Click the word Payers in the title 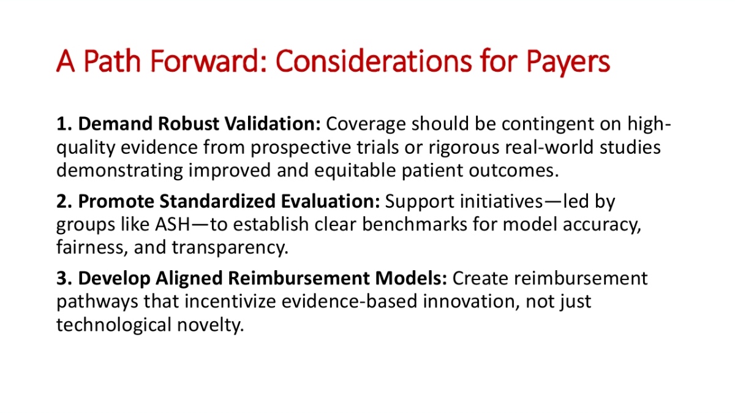(x=568, y=63)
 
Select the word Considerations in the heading (x=374, y=61)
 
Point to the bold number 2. (x=64, y=201)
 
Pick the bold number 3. (x=64, y=278)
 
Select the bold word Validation (x=273, y=124)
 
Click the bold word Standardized (x=217, y=201)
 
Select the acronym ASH (x=173, y=224)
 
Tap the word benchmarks (x=415, y=224)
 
